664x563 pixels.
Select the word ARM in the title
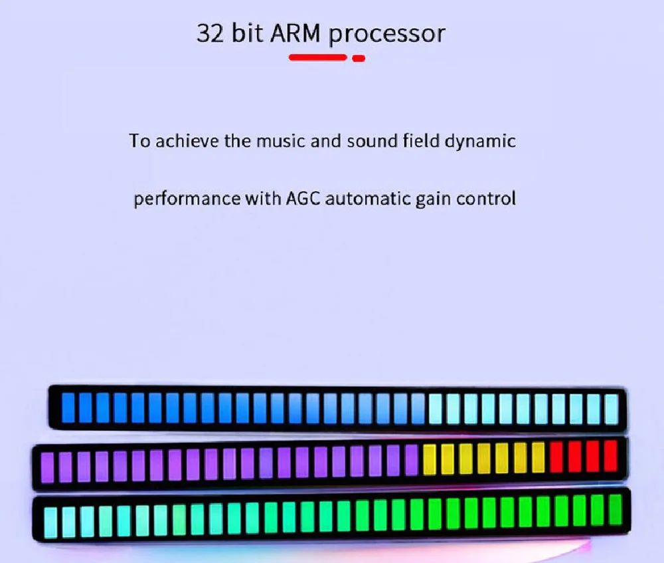coord(297,34)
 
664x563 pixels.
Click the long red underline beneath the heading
coord(318,58)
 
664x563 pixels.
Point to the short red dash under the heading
coord(359,58)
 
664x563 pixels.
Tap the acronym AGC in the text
coord(303,199)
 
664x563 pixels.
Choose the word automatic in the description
coord(369,199)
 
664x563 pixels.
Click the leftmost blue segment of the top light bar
coord(67,407)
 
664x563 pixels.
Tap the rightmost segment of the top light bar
coord(611,407)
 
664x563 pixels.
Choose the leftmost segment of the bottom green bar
coord(50,521)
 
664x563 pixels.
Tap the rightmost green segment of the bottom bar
coord(615,508)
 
